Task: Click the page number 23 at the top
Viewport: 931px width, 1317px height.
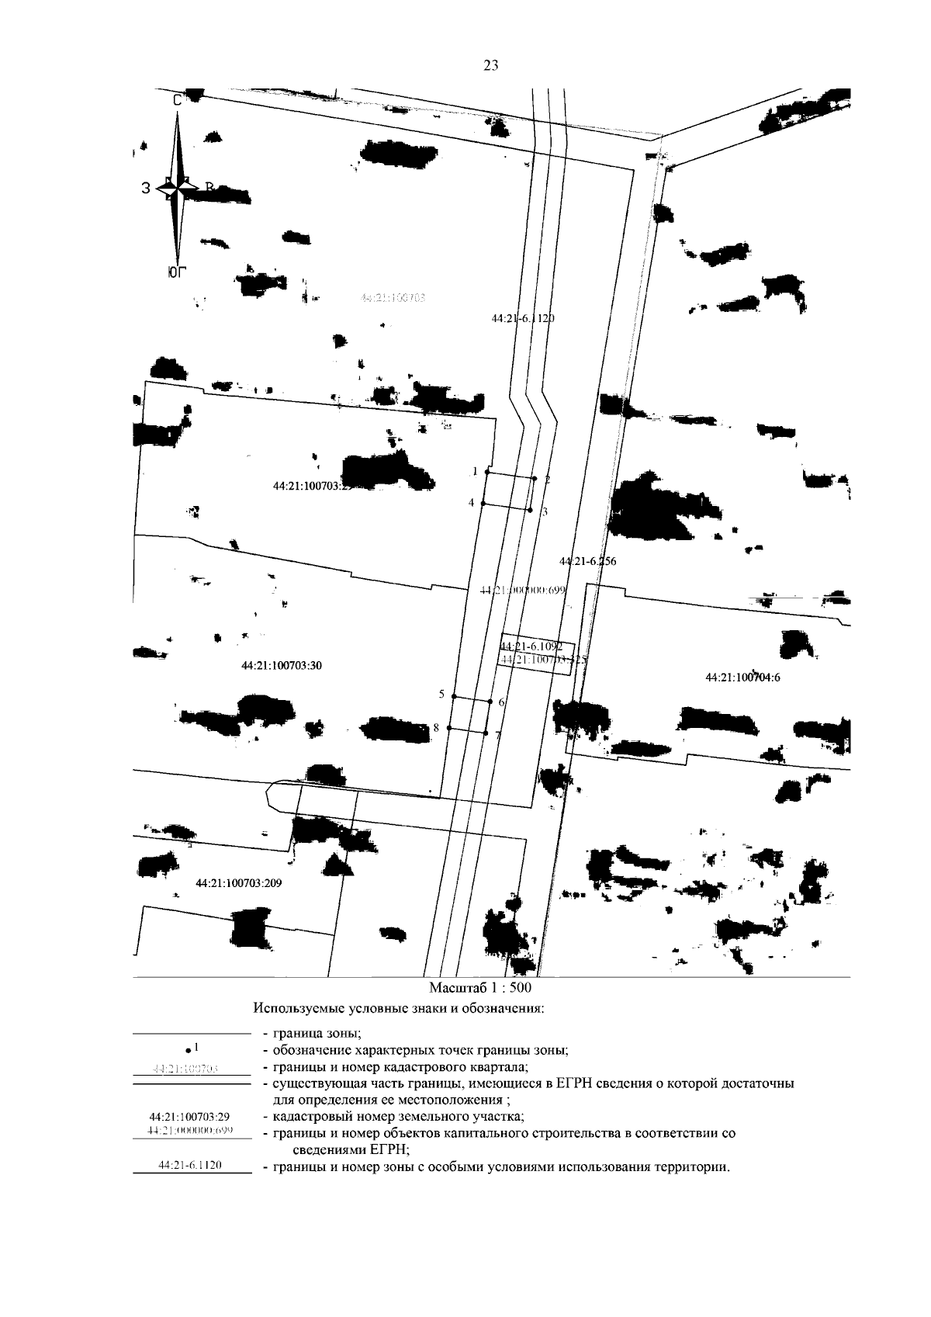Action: (x=490, y=66)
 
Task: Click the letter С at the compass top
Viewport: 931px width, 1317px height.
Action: (x=178, y=100)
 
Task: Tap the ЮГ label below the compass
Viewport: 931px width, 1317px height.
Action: (x=178, y=272)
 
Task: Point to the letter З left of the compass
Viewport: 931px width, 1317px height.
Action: (x=146, y=187)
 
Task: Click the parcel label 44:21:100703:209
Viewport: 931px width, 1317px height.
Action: (x=237, y=883)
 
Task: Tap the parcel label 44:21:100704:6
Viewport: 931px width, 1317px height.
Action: (x=742, y=678)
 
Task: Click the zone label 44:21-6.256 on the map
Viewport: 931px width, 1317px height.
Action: (x=587, y=561)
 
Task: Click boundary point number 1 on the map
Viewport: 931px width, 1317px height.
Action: (x=486, y=472)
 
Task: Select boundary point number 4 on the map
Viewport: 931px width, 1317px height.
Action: (x=483, y=504)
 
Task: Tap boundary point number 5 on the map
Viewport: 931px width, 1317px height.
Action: (x=453, y=696)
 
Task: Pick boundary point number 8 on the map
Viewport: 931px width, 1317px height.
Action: (x=449, y=728)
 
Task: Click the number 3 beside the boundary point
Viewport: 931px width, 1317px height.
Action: (x=545, y=512)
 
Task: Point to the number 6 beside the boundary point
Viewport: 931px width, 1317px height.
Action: (x=502, y=702)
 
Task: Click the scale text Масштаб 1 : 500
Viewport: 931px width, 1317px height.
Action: (x=480, y=989)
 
